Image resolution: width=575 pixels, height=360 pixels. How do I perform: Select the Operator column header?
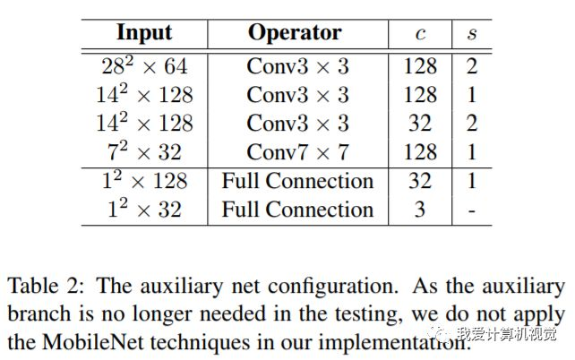[x=295, y=33]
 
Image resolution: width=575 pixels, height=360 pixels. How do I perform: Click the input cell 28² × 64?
[x=144, y=65]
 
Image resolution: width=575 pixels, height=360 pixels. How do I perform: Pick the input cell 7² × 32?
[x=144, y=151]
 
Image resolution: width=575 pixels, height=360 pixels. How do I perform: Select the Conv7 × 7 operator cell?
[x=296, y=151]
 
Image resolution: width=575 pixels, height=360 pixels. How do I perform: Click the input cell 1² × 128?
[x=144, y=181]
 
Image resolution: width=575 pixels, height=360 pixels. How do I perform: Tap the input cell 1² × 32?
[x=144, y=210]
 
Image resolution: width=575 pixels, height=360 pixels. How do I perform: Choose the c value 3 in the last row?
[x=420, y=210]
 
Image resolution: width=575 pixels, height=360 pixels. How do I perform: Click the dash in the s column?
[x=472, y=210]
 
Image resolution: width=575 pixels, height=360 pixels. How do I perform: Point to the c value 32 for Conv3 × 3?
[x=420, y=123]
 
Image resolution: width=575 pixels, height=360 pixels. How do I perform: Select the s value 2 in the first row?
[x=472, y=65]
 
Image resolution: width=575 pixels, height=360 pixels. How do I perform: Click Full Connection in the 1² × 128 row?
[x=297, y=181]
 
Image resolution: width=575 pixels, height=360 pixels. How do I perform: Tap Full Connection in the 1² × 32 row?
[x=297, y=210]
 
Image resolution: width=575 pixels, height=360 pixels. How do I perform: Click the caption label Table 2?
[x=45, y=287]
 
